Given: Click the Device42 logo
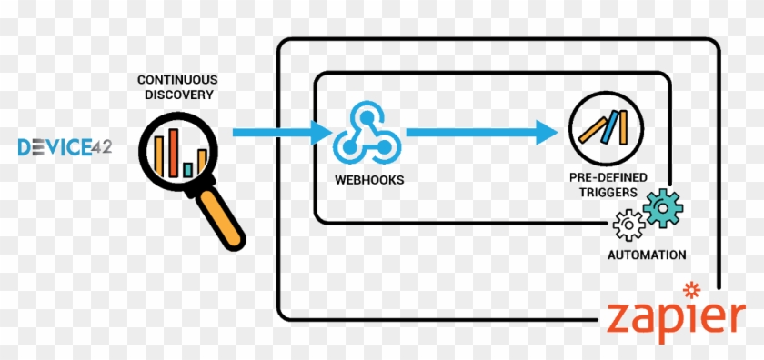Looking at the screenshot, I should coord(65,145).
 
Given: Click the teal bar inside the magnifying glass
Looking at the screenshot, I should coord(187,169).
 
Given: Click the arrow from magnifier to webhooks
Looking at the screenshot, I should coord(283,133).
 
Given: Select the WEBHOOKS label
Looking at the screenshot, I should coord(368,179).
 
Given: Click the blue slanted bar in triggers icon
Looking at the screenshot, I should coord(623,122).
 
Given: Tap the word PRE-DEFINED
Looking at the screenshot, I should coord(603,179).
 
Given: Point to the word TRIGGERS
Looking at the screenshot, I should coord(603,193).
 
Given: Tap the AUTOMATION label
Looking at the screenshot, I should coord(647,255).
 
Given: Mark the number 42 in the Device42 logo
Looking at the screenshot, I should coord(101,145).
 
